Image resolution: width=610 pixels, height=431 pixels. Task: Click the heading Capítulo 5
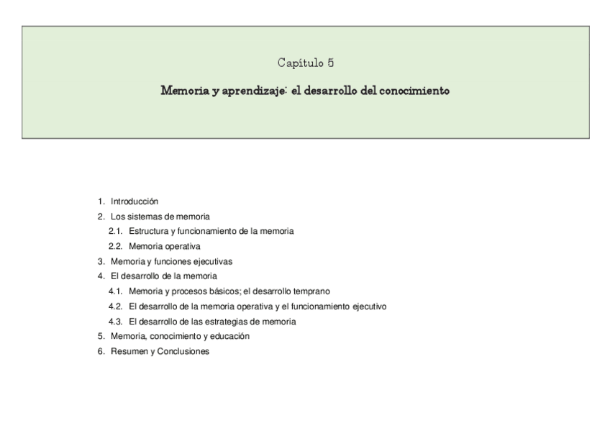[x=305, y=63]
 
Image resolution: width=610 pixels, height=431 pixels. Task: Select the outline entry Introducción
[x=134, y=201]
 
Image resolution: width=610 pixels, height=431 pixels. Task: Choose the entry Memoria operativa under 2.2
[x=165, y=246]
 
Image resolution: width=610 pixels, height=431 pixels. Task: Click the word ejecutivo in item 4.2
[x=369, y=307]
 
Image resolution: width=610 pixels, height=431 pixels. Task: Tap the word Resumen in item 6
[x=128, y=351]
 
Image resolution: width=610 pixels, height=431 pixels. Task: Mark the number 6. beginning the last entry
[x=101, y=351]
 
